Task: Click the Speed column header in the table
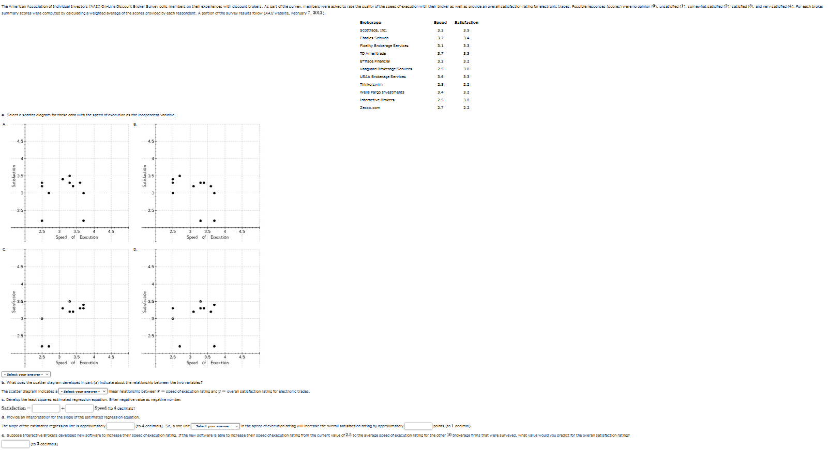440,23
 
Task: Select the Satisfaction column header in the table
466,23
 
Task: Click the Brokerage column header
370,23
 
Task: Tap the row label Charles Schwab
374,38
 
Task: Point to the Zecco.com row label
370,108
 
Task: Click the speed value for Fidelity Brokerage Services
440,46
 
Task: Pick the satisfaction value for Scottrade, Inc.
466,30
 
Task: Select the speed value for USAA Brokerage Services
440,77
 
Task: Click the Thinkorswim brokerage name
371,85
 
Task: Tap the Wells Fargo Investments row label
382,92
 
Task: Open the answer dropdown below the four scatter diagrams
26,375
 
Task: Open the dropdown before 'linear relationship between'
83,392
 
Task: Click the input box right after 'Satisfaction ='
46,409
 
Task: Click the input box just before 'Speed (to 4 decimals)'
80,409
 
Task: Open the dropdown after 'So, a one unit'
215,426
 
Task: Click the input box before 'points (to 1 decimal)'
418,426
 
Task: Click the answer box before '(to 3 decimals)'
16,444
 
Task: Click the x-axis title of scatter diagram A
77,237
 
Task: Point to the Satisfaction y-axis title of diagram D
144,301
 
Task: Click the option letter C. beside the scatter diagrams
4,250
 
